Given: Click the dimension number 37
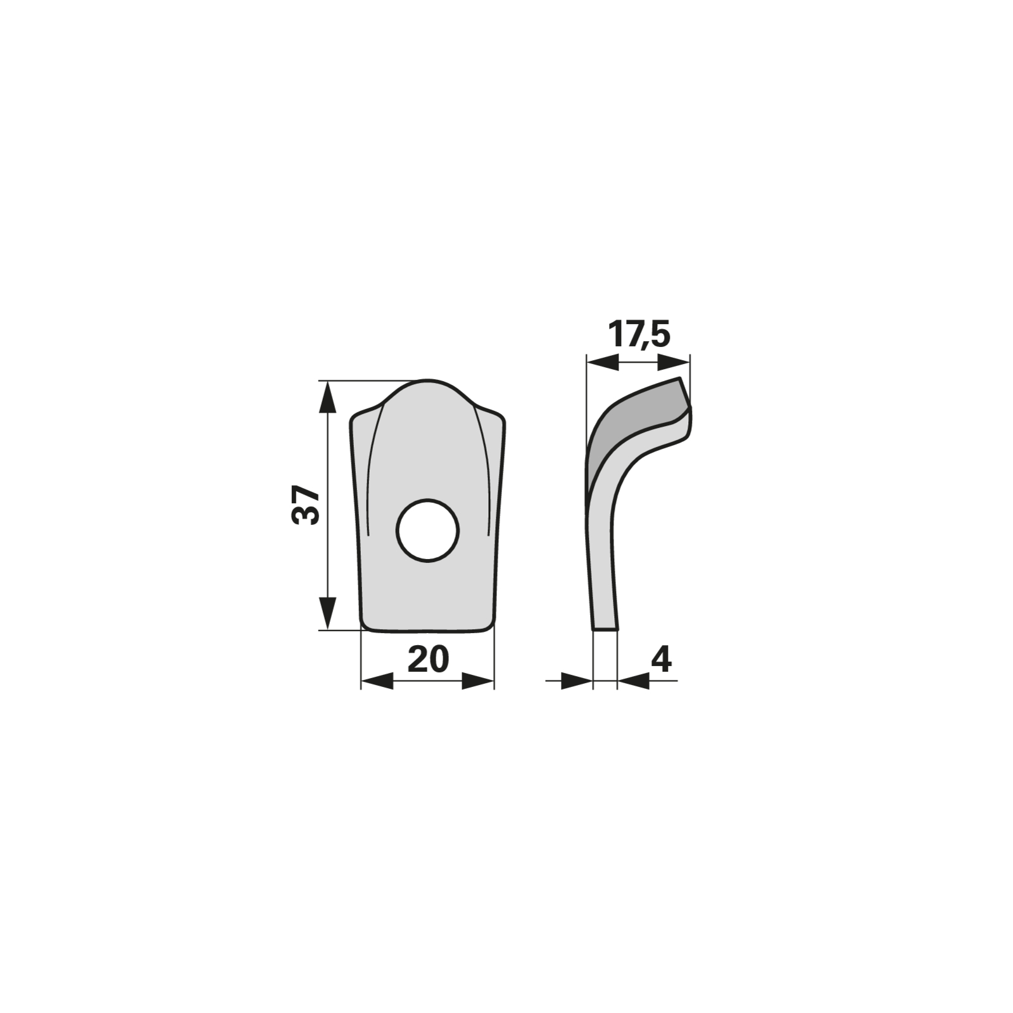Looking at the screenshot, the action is (x=306, y=505).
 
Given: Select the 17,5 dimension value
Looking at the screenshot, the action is (x=638, y=334).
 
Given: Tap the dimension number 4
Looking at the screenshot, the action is (x=661, y=660).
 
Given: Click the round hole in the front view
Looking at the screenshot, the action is (x=427, y=531).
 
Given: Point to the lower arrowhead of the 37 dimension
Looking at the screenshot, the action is (x=327, y=613).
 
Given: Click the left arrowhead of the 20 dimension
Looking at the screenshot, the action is (x=377, y=681).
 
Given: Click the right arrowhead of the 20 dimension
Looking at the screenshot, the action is (x=477, y=681).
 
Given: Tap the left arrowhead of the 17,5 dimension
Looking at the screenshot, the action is (x=603, y=363).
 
